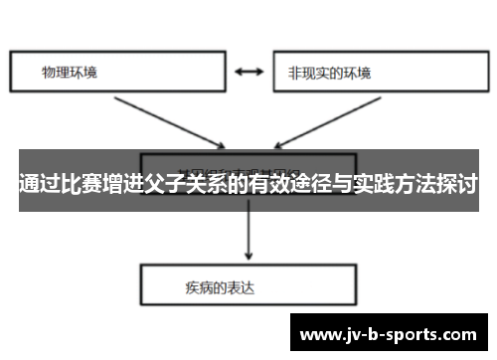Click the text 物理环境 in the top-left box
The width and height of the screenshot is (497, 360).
tap(70, 73)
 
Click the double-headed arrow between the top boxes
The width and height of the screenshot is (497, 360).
tap(248, 72)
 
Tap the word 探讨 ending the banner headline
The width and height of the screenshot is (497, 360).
tap(454, 185)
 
